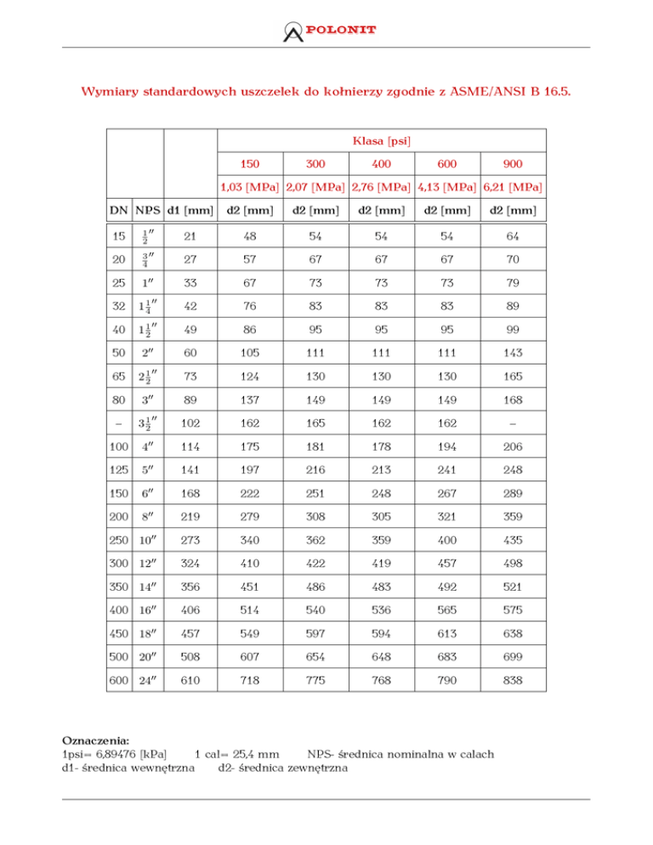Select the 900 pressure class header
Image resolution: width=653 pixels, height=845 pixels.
tap(514, 162)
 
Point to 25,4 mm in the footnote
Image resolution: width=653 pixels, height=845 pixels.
tap(256, 754)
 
